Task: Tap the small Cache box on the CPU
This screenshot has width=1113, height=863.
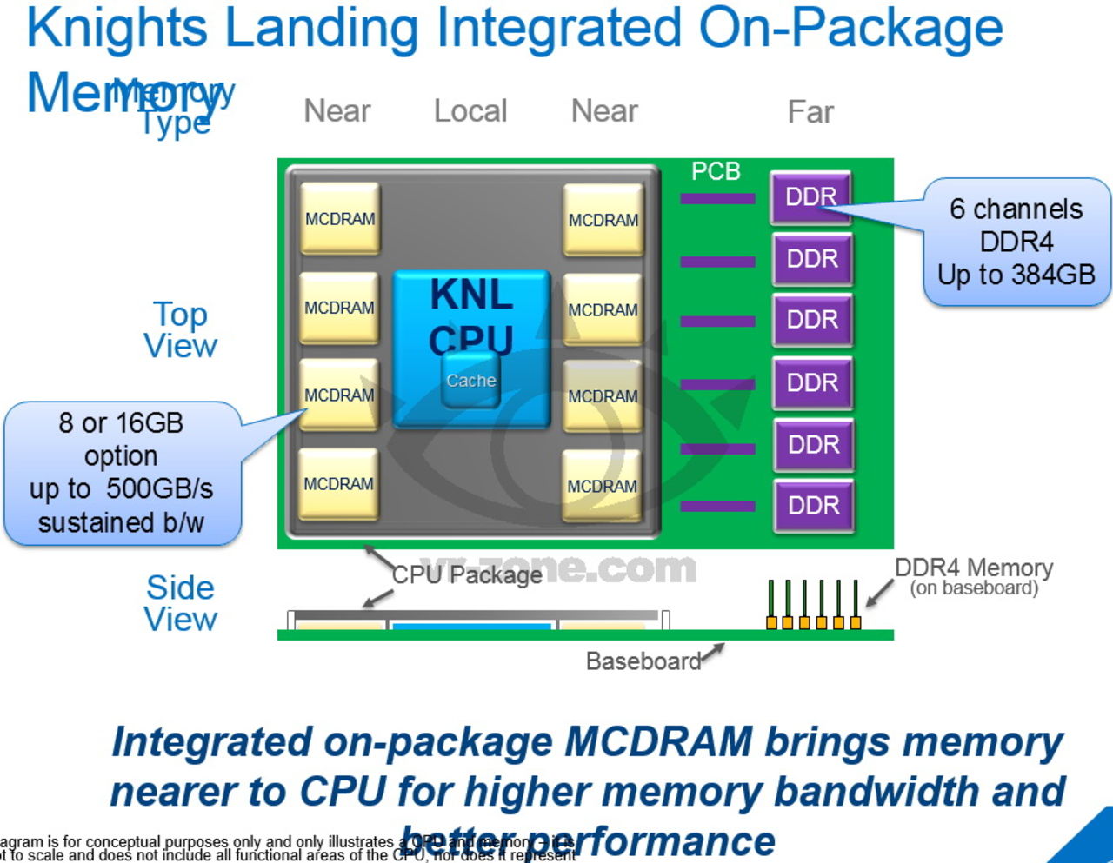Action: tap(470, 381)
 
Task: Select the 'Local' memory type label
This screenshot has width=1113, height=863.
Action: tap(470, 111)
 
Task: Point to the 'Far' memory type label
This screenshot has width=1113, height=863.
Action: tap(810, 112)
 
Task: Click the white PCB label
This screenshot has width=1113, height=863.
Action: tap(716, 172)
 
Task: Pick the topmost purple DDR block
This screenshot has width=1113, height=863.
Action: tap(810, 197)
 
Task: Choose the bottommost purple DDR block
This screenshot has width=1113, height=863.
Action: tap(813, 506)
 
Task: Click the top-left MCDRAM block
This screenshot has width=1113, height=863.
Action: tap(340, 219)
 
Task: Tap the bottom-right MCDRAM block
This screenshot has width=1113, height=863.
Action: tap(603, 486)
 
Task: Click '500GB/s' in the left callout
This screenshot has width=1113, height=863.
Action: tap(159, 489)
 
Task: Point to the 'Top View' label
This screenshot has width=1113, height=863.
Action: tap(180, 330)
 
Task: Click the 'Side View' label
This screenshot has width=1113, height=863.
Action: tap(180, 603)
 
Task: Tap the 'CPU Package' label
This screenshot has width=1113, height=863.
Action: tap(467, 575)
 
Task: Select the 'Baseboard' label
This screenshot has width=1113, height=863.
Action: tap(643, 661)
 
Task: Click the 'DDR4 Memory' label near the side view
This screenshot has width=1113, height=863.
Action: tap(974, 568)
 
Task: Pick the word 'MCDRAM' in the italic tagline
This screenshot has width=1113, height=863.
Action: tap(658, 742)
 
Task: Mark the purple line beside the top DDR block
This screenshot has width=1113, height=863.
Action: tap(717, 199)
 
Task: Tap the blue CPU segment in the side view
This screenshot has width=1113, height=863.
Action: tap(471, 625)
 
